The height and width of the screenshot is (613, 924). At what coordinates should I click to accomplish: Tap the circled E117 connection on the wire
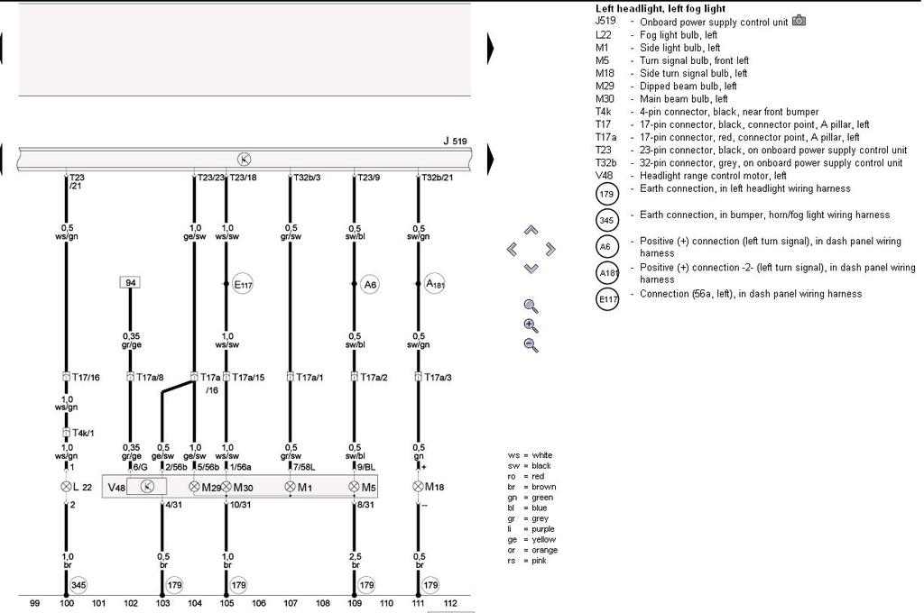(243, 284)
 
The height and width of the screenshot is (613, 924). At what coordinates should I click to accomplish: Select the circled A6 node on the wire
(370, 284)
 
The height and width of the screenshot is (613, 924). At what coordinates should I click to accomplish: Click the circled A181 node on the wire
(436, 284)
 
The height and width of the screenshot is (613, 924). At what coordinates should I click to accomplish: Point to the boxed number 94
(130, 283)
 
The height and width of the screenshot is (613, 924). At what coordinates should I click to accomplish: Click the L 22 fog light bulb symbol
(66, 487)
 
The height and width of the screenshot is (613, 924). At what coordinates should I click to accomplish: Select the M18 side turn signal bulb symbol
(418, 487)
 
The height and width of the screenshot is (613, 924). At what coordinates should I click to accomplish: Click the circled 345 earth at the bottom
(79, 584)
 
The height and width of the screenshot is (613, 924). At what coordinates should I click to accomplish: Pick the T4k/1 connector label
(80, 433)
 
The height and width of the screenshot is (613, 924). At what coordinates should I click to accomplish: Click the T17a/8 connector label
(149, 377)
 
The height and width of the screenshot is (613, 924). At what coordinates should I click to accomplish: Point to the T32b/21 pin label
(437, 178)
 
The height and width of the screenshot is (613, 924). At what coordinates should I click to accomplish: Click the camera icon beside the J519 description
(799, 21)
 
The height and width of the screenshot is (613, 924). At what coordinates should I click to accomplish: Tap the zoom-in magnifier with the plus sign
(531, 325)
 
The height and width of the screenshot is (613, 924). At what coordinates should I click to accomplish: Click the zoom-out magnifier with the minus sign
(531, 344)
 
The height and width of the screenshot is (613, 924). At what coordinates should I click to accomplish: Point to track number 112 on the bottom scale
(450, 602)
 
